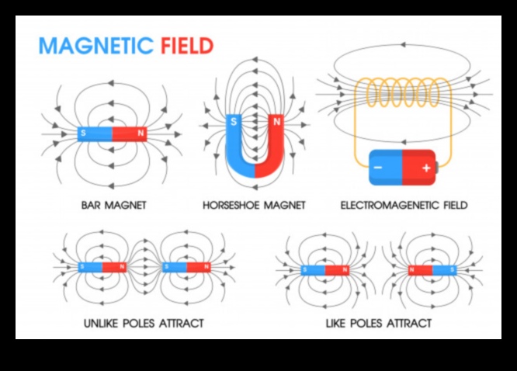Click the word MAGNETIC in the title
coord(96,46)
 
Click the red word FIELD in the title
coord(186,46)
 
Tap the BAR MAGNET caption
coord(114,206)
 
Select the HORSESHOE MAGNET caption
coord(254,206)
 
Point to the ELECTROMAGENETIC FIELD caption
coord(404,206)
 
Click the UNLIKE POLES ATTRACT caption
coord(144,322)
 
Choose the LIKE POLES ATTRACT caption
coord(379,322)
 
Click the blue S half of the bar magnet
coord(95,133)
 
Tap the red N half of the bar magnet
coord(130,133)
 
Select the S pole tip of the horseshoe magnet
coord(234,122)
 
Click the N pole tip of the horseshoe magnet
coord(275,122)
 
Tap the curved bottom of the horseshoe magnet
coord(254,168)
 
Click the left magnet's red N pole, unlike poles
coord(116,266)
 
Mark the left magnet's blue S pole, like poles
coord(313,270)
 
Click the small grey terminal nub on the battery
coord(437,166)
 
